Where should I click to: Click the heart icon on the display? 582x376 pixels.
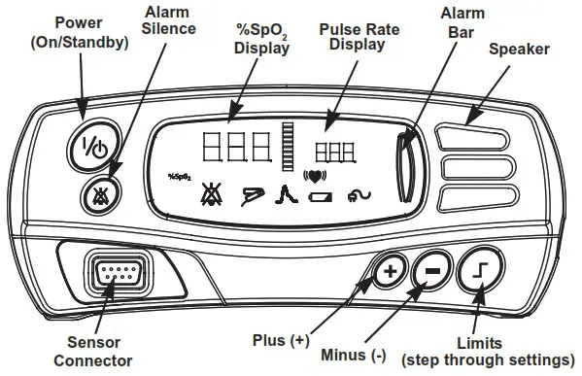[x=314, y=177]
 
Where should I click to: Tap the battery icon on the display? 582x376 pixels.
[x=319, y=196]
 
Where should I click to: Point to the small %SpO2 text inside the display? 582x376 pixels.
[x=179, y=177]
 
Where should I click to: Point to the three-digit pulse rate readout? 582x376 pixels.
[x=334, y=151]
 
